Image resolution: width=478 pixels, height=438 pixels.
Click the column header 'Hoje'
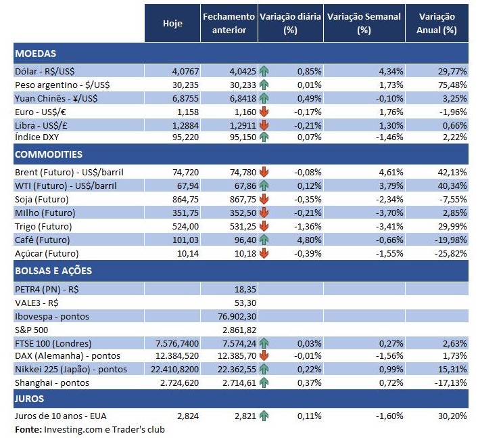pos(172,23)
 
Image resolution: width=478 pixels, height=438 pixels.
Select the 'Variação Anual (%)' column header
pos(437,23)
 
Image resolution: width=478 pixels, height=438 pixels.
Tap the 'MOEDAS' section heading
pos(35,53)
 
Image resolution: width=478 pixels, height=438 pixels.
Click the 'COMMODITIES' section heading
pos(49,155)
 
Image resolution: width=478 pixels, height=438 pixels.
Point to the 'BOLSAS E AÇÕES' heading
pos(53,271)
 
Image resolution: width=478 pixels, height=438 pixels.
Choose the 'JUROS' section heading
pos(30,399)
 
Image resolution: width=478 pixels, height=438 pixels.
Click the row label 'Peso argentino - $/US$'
pos(62,85)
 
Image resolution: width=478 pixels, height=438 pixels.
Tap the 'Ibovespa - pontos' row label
pos(51,316)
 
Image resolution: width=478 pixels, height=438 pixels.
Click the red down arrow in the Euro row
pos(264,112)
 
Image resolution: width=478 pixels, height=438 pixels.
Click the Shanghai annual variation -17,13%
pos(449,382)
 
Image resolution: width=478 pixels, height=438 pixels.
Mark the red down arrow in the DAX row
pos(264,355)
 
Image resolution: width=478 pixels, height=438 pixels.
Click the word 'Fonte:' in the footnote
pos(28,429)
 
